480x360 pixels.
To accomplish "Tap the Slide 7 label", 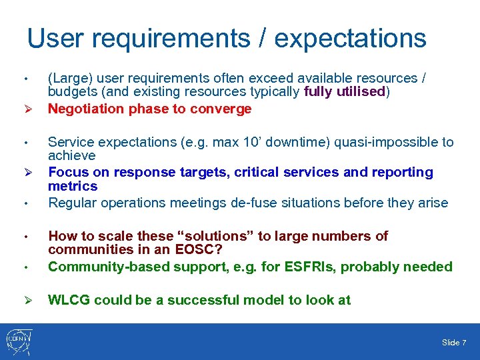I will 453,343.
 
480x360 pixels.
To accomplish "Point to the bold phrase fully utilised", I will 345,92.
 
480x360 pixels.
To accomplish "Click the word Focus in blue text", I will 68,172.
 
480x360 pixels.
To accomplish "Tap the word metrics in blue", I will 73,186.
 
